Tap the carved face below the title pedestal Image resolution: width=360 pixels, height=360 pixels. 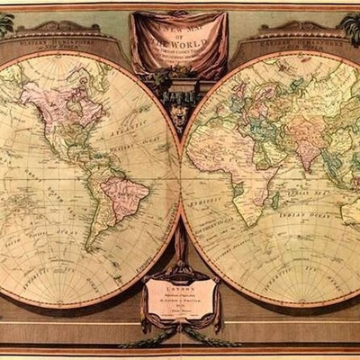click(180, 116)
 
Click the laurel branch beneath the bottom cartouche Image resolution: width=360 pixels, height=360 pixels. click(180, 337)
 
